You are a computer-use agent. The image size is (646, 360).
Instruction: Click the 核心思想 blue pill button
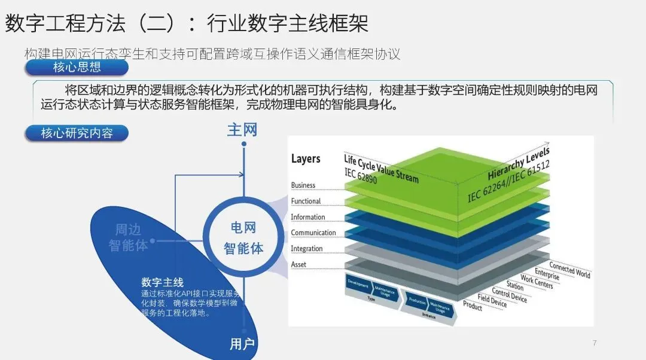[77, 68]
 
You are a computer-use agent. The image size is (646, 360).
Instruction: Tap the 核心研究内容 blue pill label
[77, 133]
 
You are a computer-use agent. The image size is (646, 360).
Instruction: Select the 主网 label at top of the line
[242, 130]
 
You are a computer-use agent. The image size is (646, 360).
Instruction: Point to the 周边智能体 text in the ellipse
[128, 237]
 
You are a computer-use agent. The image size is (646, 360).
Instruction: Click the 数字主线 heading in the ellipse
[162, 282]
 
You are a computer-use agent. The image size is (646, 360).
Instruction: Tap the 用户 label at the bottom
[242, 344]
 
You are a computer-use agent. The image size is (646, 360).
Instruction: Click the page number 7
[594, 343]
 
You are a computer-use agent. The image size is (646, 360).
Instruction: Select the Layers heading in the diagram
[306, 158]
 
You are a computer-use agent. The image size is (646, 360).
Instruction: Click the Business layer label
[303, 185]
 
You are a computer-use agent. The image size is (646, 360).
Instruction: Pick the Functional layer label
[306, 201]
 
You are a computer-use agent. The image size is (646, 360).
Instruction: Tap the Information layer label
[308, 217]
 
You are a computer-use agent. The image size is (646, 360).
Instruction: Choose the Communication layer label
[313, 233]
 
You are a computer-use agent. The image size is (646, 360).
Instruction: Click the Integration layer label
[307, 249]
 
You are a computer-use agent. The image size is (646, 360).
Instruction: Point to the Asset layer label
[298, 264]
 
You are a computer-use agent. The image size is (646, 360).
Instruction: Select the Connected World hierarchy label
[569, 270]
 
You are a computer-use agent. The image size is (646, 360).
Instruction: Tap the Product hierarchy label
[473, 305]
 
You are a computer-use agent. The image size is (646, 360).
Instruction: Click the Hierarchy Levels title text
[518, 163]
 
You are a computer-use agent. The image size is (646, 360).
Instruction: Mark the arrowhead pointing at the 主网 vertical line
[241, 175]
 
